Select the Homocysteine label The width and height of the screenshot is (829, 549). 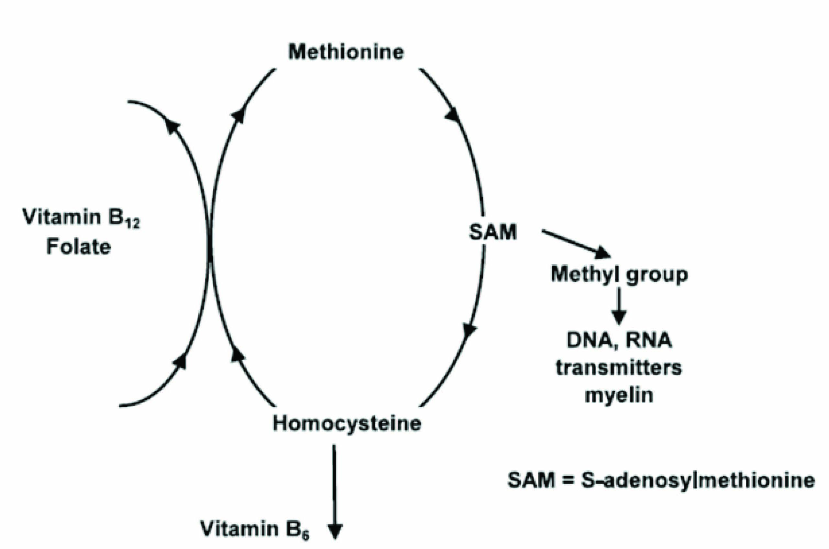coord(347,423)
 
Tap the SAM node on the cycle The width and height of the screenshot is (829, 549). coord(492,231)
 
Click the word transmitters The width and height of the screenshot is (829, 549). coord(619,368)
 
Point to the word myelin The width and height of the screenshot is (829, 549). coord(619,395)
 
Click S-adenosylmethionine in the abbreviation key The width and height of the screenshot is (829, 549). coord(697,480)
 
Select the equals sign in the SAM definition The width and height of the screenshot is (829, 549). coord(568,480)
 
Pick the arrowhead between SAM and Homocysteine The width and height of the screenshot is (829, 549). coord(470,331)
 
